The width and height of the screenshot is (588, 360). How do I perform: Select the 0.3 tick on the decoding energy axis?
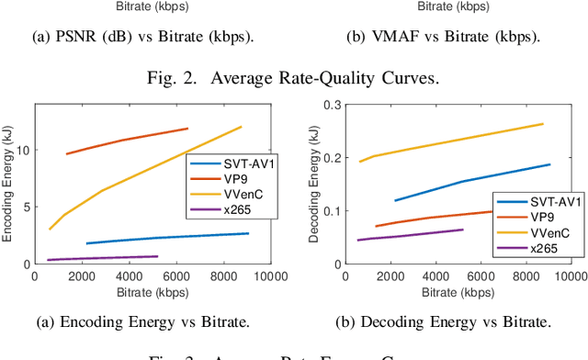pyautogui.click(x=329, y=106)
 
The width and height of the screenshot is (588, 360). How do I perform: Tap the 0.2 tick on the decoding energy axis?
pyautogui.click(x=329, y=158)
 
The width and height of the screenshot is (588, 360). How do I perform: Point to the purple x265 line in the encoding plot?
pyautogui.click(x=101, y=258)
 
